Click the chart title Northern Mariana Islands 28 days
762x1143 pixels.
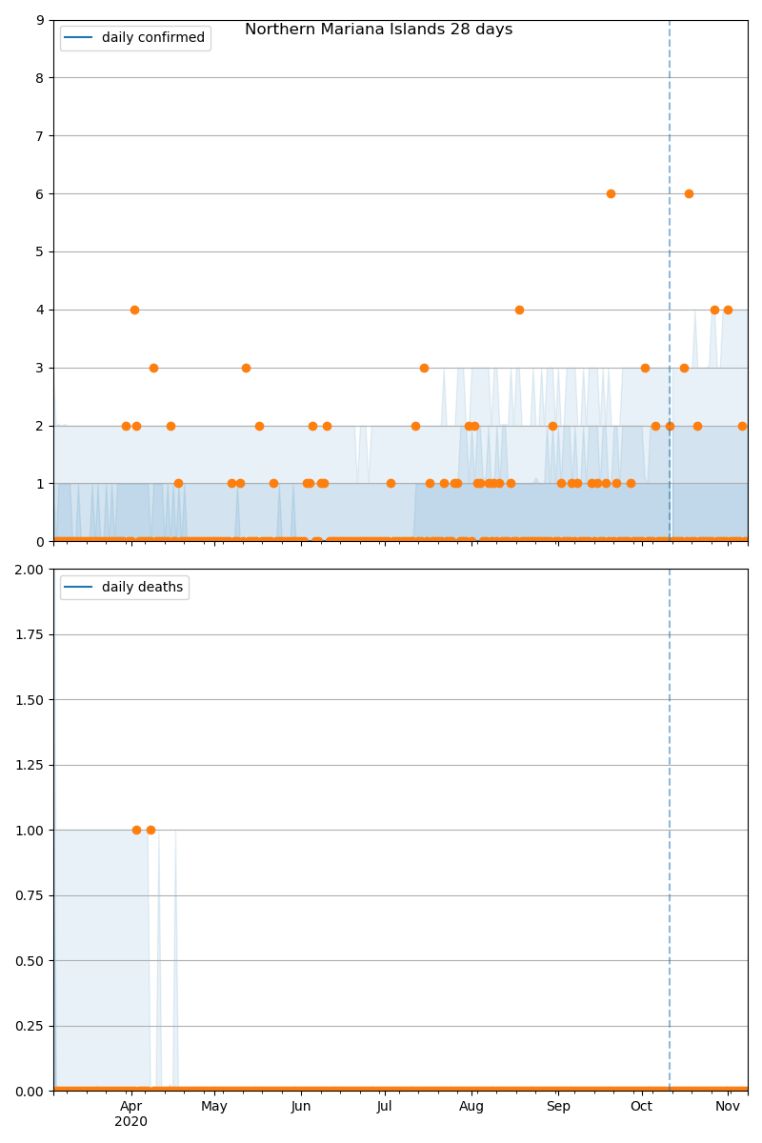pyautogui.click(x=378, y=30)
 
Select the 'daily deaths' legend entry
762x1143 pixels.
pyautogui.click(x=142, y=588)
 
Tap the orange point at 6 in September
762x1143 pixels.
pyautogui.click(x=611, y=193)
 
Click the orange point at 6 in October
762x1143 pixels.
pyautogui.click(x=689, y=193)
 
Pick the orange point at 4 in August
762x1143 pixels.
pyautogui.click(x=519, y=310)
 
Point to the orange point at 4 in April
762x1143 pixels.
pyautogui.click(x=134, y=310)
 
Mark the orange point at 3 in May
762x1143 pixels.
pyautogui.click(x=246, y=368)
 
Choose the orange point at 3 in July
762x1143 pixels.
pyautogui.click(x=424, y=368)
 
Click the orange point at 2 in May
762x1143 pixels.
pyautogui.click(x=259, y=426)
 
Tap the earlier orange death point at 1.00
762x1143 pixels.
pyautogui.click(x=136, y=830)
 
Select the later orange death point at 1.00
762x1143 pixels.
pyautogui.click(x=150, y=830)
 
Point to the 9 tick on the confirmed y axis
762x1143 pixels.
pyautogui.click(x=39, y=20)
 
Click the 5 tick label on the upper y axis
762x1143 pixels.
pyautogui.click(x=39, y=252)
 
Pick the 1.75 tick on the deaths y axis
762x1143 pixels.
pyautogui.click(x=31, y=634)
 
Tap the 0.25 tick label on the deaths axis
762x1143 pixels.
pyautogui.click(x=31, y=1026)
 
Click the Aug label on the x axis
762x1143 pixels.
pyautogui.click(x=471, y=1107)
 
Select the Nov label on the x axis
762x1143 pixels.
pyautogui.click(x=729, y=1107)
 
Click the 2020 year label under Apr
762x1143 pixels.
pyautogui.click(x=131, y=1122)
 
